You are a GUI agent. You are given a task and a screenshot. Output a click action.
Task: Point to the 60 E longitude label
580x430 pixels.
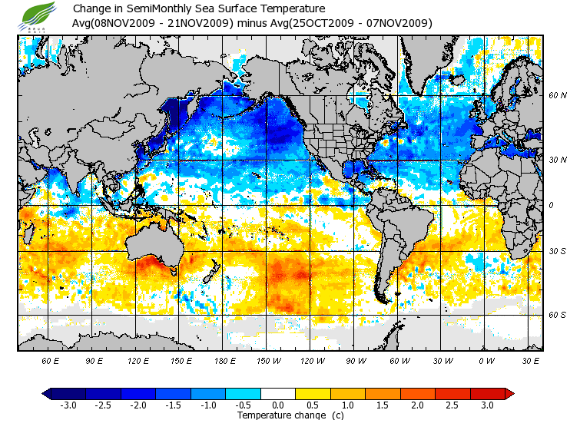pos(51,359)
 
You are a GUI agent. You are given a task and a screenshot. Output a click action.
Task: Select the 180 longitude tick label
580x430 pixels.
pos(225,359)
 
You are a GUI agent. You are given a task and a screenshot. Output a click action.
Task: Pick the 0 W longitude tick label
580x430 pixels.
pos(486,359)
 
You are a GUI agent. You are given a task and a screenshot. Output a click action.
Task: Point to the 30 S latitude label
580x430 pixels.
pos(557,252)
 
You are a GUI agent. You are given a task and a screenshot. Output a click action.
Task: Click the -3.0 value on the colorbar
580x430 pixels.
pos(68,405)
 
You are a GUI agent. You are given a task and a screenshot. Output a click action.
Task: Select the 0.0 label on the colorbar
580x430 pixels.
pos(278,405)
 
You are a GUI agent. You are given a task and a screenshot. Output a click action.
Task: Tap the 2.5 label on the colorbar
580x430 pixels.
pos(452,405)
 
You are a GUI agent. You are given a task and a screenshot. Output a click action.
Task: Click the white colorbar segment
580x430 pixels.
pos(278,393)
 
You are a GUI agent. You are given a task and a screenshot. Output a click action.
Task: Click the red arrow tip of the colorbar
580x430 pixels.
pos(509,393)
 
